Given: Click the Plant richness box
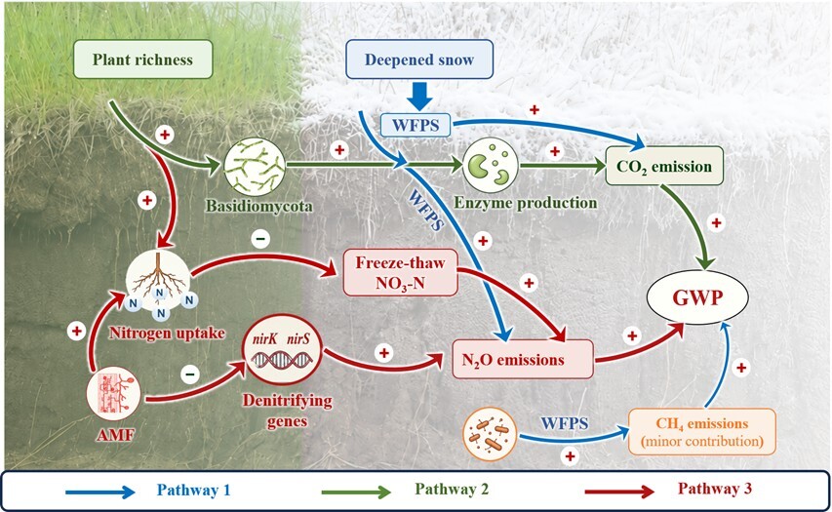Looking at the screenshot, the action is pyautogui.click(x=142, y=59).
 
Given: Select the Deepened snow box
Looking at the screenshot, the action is pyautogui.click(x=419, y=59).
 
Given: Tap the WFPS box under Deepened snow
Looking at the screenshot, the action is pyautogui.click(x=416, y=125).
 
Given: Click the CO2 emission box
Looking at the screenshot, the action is pyautogui.click(x=664, y=166).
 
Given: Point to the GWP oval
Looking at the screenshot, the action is pyautogui.click(x=697, y=297).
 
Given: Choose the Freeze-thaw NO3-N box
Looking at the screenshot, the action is pyautogui.click(x=400, y=272).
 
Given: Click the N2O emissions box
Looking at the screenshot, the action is pyautogui.click(x=523, y=359).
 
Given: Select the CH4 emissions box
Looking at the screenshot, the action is pyautogui.click(x=702, y=431).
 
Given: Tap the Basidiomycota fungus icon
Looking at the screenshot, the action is pyautogui.click(x=255, y=167).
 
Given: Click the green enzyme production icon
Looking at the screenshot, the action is pyautogui.click(x=491, y=166).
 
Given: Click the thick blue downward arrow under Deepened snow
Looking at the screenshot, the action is pyautogui.click(x=420, y=96).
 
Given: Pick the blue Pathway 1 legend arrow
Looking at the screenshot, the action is pyautogui.click(x=100, y=492).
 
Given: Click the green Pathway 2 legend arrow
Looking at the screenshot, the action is pyautogui.click(x=357, y=492).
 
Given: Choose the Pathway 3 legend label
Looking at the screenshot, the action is pyautogui.click(x=715, y=489).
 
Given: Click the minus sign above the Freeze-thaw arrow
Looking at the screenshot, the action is pyautogui.click(x=260, y=239).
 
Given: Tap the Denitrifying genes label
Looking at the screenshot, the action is pyautogui.click(x=287, y=411).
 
